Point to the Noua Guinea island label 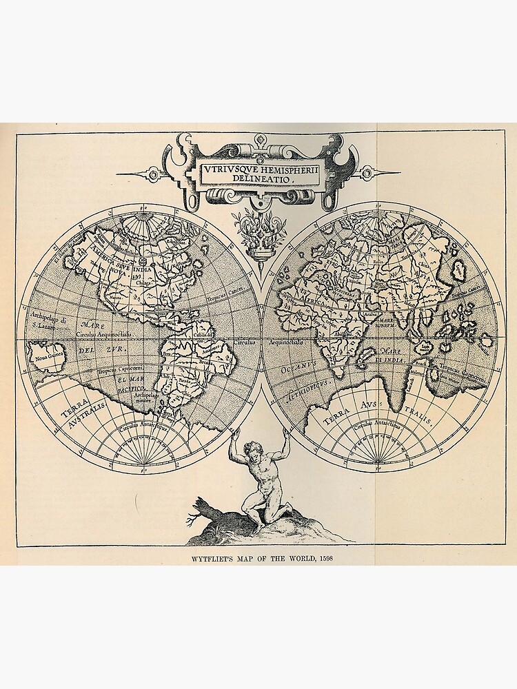click(44, 355)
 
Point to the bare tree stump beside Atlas click(203, 511)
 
